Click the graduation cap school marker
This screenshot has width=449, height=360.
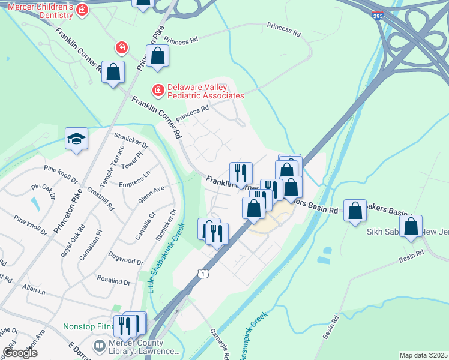tap(77, 139)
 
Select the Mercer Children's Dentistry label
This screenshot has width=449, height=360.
tap(40, 8)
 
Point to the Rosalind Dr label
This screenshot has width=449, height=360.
tap(114, 281)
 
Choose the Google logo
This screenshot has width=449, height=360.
tap(20, 353)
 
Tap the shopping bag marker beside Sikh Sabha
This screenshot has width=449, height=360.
tap(411, 227)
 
